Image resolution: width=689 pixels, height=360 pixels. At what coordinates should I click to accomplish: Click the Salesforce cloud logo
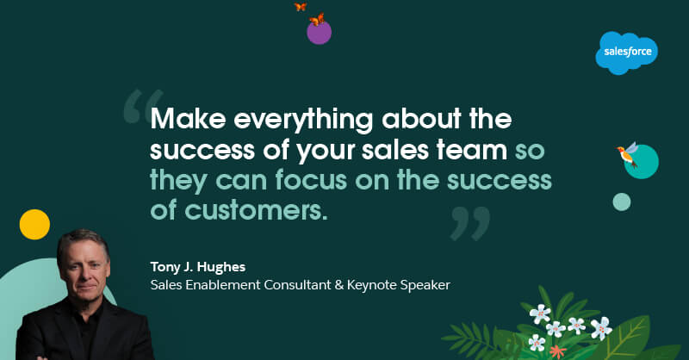(x=627, y=53)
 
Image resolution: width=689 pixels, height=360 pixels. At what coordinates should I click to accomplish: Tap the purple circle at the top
(x=320, y=33)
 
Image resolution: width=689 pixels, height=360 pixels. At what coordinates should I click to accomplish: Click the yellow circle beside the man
(x=34, y=224)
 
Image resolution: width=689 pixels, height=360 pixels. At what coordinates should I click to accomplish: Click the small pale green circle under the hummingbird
(x=621, y=202)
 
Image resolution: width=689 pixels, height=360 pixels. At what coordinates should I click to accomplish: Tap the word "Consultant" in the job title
(x=291, y=283)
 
